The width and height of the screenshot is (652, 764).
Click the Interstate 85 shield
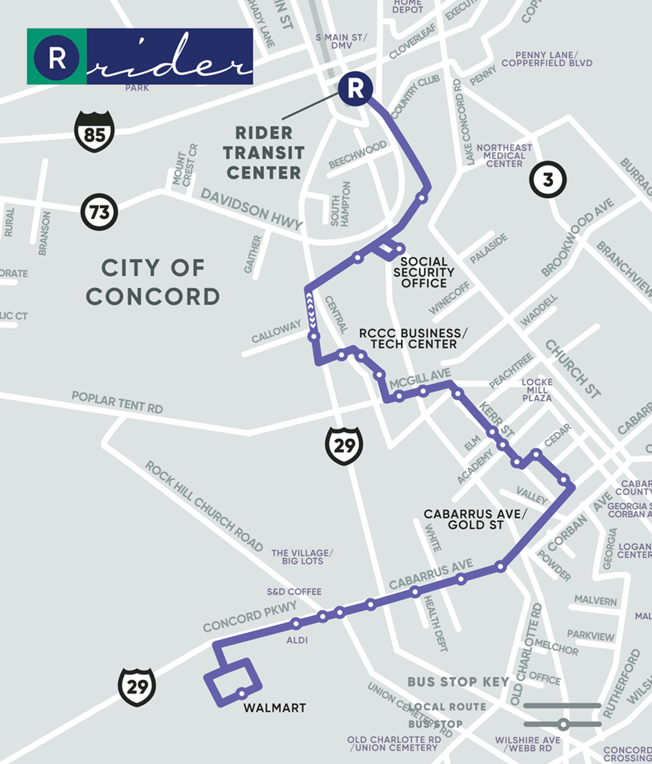[x=94, y=132]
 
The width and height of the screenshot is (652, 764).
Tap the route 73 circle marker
[x=99, y=212]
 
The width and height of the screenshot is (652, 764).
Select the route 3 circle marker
[x=548, y=179]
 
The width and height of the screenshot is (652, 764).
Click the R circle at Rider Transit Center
[x=355, y=89]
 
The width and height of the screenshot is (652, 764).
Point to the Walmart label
[x=274, y=708]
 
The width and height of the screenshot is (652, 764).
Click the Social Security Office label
[x=424, y=272]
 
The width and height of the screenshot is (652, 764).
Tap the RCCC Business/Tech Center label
[x=413, y=338]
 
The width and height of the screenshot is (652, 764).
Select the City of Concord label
[x=153, y=282]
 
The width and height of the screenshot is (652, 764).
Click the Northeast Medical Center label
[x=504, y=155]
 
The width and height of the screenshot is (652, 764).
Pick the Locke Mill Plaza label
[x=537, y=390]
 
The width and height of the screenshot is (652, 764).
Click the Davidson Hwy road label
[x=252, y=209]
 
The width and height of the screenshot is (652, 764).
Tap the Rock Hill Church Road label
[x=204, y=506]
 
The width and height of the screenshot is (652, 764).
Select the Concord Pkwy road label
[x=250, y=616]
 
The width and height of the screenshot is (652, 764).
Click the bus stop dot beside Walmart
[x=242, y=693]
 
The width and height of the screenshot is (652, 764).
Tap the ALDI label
[x=297, y=640]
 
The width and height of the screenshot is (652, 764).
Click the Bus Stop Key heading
[x=458, y=682]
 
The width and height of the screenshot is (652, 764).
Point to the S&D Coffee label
[x=294, y=592]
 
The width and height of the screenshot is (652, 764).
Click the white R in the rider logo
[x=57, y=57]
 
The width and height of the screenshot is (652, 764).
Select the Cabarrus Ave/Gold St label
[x=475, y=519]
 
